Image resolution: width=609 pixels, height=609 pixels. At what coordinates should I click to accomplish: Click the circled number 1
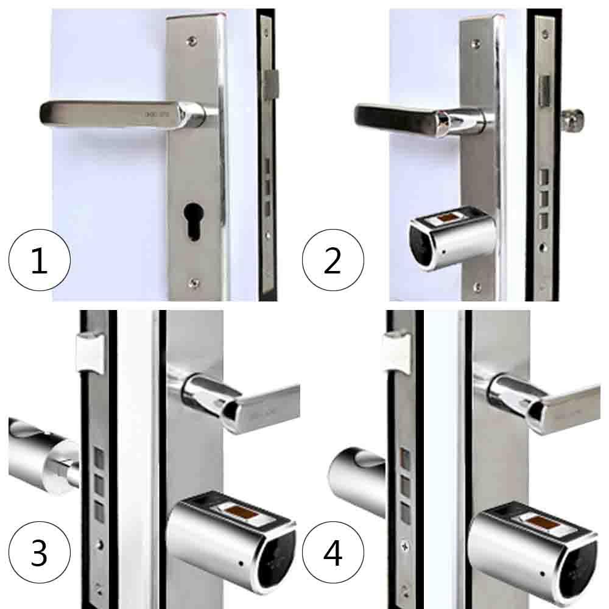click(x=39, y=261)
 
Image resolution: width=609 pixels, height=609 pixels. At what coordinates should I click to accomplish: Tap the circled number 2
click(x=333, y=261)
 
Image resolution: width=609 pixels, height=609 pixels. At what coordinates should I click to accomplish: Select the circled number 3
click(x=39, y=553)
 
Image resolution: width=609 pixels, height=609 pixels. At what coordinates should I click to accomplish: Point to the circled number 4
click(x=333, y=553)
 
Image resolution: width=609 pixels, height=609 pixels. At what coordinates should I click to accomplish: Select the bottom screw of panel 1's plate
click(x=193, y=282)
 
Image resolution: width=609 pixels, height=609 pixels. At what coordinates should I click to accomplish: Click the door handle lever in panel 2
click(x=402, y=118)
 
